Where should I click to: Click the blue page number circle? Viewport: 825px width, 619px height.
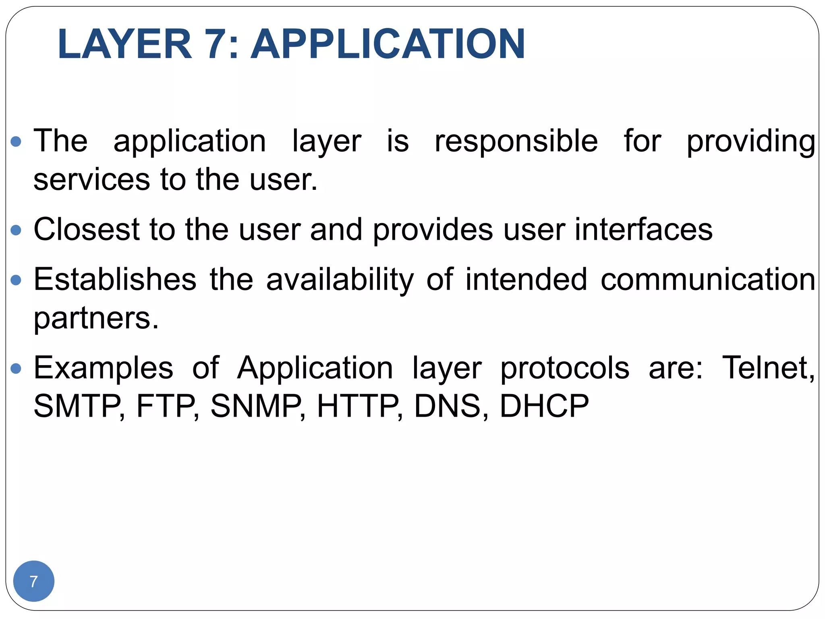pyautogui.click(x=34, y=581)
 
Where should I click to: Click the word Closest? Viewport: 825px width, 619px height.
pyautogui.click(x=87, y=229)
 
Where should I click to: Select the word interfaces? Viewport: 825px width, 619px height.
pyautogui.click(x=643, y=229)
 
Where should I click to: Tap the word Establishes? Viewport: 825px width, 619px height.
pyautogui.click(x=115, y=279)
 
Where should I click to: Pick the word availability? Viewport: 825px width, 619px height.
pyautogui.click(x=340, y=280)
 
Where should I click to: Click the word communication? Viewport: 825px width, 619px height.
pyautogui.click(x=708, y=279)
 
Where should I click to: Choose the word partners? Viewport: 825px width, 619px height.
pyautogui.click(x=96, y=318)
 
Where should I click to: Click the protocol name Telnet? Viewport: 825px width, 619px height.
pyautogui.click(x=767, y=368)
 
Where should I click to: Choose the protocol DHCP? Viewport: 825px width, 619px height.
pyautogui.click(x=544, y=406)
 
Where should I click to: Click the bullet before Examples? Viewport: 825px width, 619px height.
pyautogui.click(x=16, y=368)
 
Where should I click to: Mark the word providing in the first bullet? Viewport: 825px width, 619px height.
pyautogui.click(x=750, y=142)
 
